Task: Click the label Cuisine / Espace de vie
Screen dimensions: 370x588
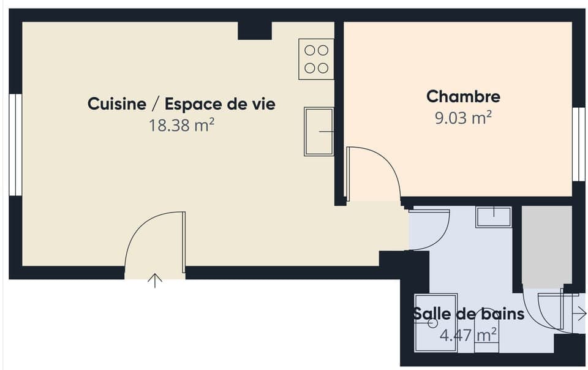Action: (181, 104)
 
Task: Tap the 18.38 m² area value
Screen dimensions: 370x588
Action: (181, 126)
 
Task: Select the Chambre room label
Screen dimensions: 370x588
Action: (463, 97)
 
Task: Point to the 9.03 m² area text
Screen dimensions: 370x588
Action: (463, 118)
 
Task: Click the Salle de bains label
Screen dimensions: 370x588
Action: (469, 314)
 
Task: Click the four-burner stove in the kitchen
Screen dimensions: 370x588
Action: (316, 59)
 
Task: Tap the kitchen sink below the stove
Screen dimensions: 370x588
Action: (318, 132)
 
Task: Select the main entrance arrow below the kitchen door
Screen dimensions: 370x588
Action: (155, 281)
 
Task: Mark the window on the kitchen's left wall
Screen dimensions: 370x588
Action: (15, 145)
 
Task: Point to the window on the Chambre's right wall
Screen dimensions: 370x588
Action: (578, 145)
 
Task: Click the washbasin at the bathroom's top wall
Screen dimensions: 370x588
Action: (494, 217)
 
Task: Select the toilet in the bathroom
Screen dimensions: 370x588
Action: (486, 340)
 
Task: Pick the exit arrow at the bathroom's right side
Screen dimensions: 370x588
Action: (579, 314)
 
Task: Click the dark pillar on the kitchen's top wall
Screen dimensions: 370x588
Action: (254, 30)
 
